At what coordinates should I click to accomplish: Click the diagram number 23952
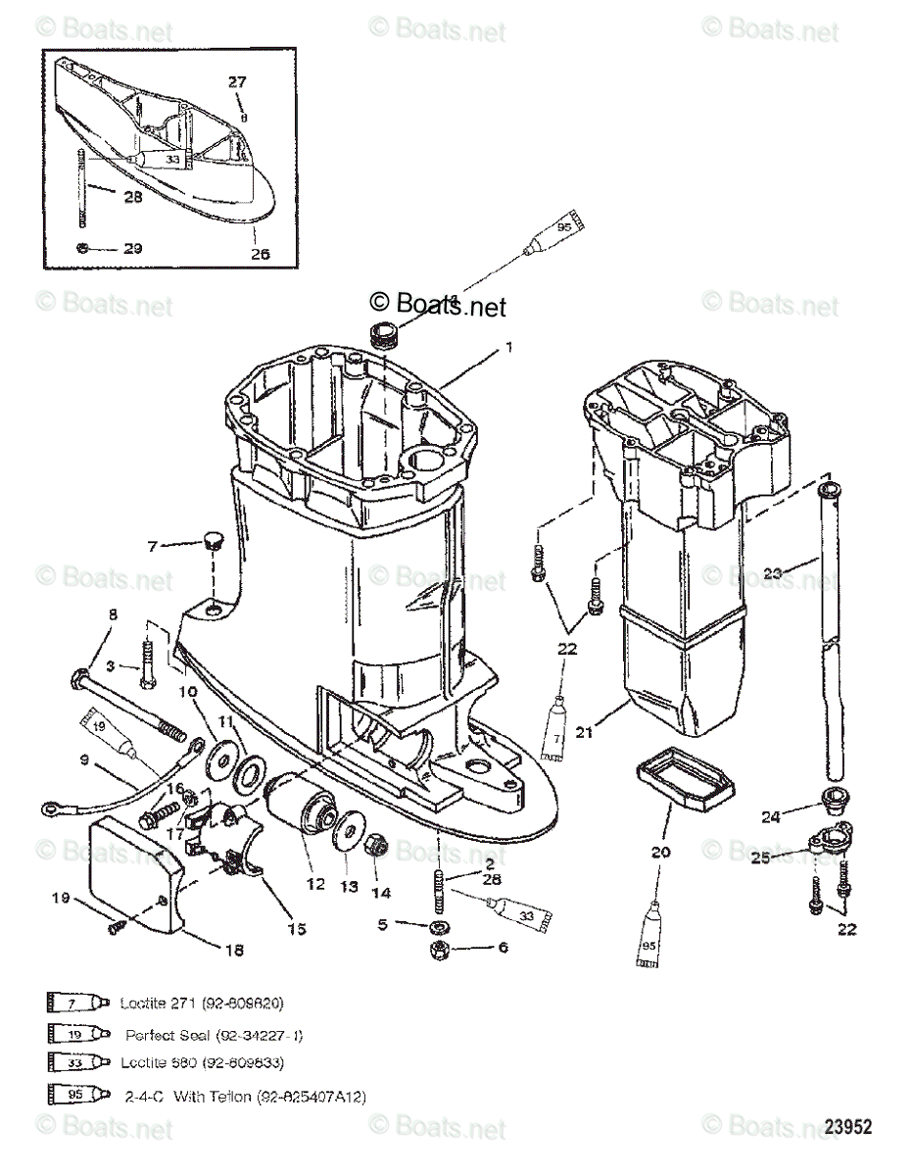(x=847, y=1128)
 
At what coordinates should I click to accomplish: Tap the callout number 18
(x=235, y=949)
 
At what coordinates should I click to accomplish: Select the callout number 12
(x=314, y=883)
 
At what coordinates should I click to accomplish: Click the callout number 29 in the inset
(x=132, y=248)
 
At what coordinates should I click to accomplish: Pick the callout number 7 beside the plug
(x=153, y=546)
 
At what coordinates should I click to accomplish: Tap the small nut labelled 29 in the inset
(x=84, y=248)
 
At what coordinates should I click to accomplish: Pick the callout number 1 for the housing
(x=508, y=345)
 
